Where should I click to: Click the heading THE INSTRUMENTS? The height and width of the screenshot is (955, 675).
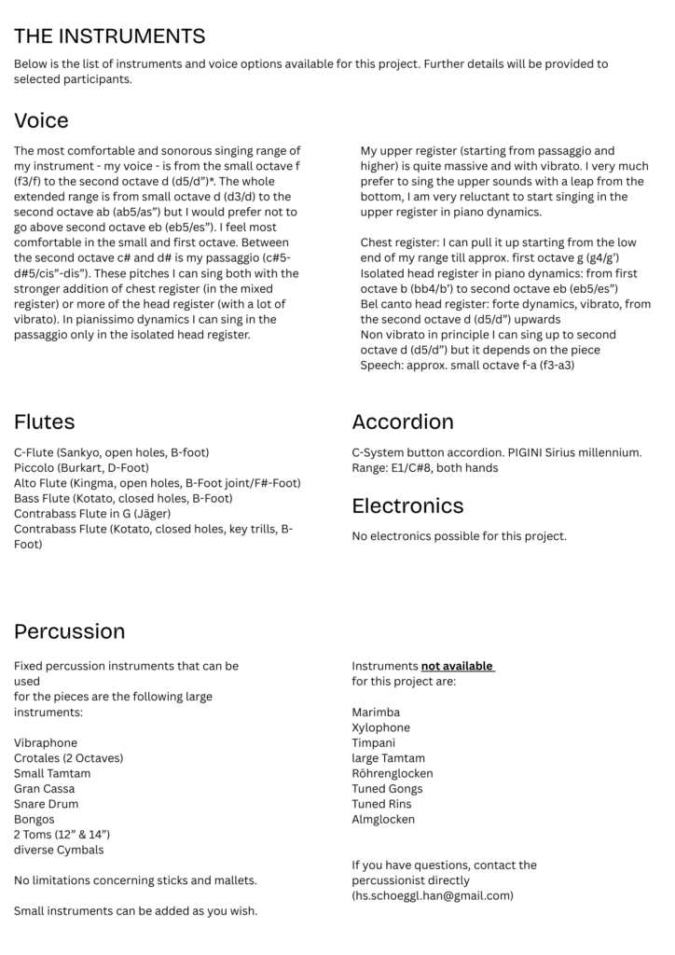pos(109,36)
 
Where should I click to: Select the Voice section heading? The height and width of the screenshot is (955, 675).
pos(41,120)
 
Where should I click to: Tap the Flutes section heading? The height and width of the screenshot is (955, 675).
pos(44,422)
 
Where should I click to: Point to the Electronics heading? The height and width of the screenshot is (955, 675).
pos(407,505)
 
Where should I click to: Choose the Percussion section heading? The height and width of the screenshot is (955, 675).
pos(69,631)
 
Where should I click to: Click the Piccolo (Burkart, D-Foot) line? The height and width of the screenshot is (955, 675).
pos(81,467)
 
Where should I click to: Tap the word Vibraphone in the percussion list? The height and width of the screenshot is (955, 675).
pos(46,743)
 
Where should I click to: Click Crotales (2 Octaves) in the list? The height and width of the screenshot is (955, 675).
pos(68,758)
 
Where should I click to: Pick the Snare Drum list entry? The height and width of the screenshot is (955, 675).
pos(46,804)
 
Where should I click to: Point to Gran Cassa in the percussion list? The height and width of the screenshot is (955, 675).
pos(45,789)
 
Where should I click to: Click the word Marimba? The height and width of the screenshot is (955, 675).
pos(376,713)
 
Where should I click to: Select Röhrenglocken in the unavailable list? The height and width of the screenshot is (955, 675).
pos(393,773)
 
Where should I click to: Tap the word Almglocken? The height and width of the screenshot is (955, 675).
pos(383,819)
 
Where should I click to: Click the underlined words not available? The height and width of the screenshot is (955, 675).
pos(457,667)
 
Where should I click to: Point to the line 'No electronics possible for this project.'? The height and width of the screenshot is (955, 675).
pos(459,536)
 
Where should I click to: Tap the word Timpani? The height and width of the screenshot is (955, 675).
pos(374,743)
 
